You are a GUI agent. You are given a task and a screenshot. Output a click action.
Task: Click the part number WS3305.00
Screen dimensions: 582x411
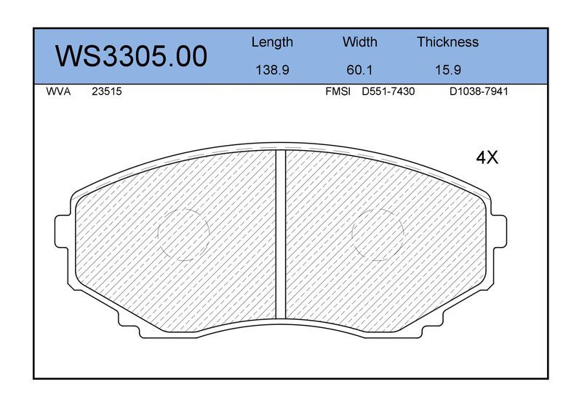(131, 56)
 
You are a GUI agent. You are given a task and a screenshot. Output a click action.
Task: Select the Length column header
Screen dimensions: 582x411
(272, 42)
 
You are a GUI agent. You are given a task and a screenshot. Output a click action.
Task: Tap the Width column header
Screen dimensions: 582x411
(359, 42)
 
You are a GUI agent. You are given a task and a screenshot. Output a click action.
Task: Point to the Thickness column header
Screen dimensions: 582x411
(447, 42)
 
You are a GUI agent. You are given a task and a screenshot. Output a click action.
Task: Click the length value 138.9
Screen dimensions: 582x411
(272, 70)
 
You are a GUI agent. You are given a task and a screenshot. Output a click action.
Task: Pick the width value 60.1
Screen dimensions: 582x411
(359, 70)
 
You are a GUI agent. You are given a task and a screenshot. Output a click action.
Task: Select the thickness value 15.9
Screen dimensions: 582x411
(447, 70)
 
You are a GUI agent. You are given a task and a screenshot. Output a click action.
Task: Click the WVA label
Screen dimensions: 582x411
(58, 92)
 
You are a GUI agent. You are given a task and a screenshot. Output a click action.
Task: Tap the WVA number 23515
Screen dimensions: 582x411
(106, 92)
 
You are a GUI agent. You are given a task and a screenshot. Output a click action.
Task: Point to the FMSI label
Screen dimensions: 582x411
(338, 92)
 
